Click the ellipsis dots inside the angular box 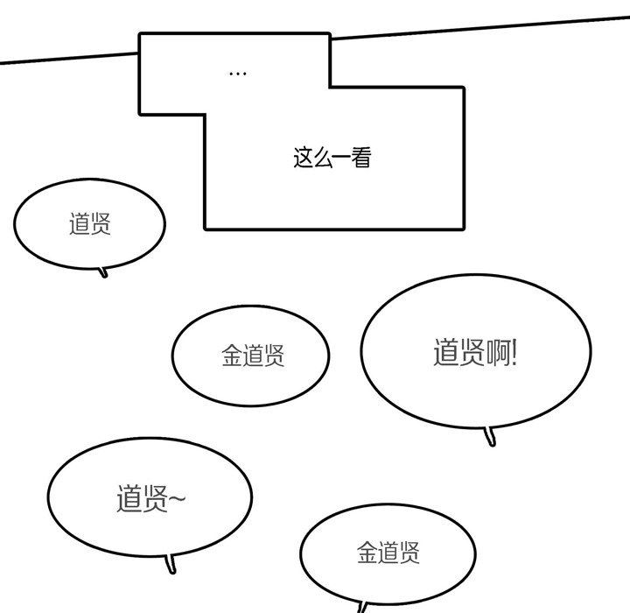tap(237, 74)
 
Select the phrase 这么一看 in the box tap(332, 158)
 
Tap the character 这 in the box tap(303, 158)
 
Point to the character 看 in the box tap(360, 158)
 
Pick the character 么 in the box tap(322, 158)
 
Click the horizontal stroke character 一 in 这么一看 tap(341, 159)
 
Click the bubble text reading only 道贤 tap(90, 224)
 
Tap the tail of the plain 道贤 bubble tap(104, 271)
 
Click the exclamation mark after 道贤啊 tap(514, 352)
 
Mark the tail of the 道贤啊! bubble tap(490, 437)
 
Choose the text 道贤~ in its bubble tap(150, 498)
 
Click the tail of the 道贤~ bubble tap(172, 565)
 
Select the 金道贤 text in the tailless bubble tap(253, 356)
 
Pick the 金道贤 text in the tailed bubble tap(388, 552)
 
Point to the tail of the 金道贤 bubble tap(361, 607)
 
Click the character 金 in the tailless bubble tap(232, 356)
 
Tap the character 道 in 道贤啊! tap(446, 352)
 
